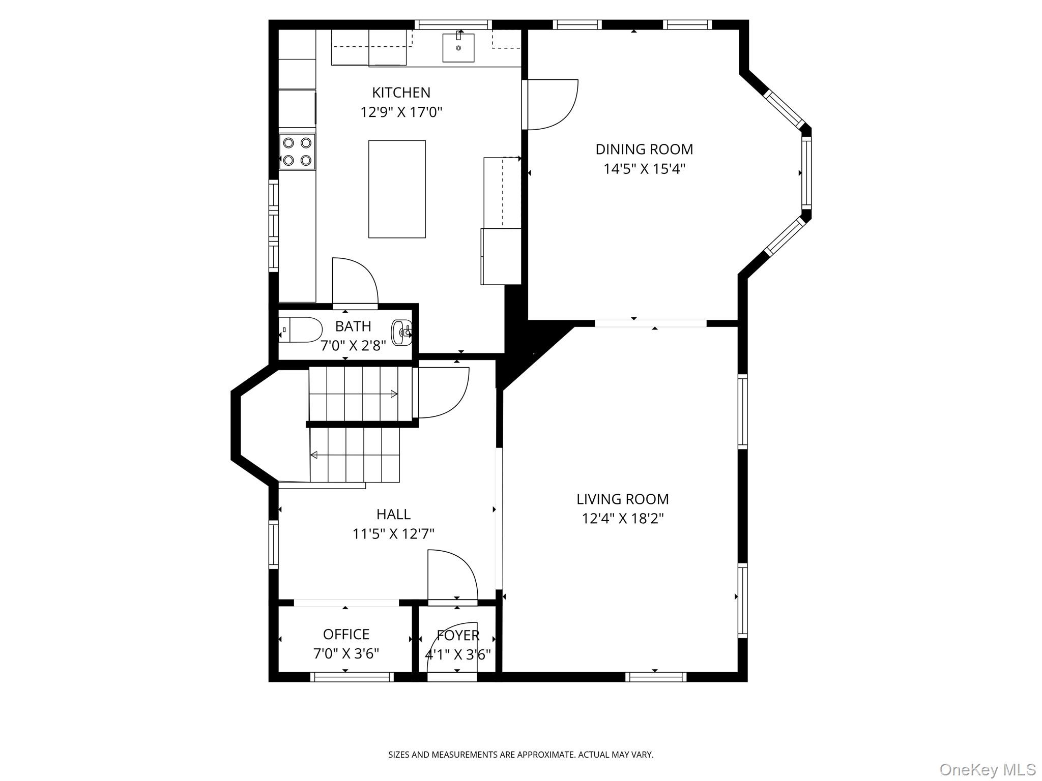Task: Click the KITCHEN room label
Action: [x=401, y=93]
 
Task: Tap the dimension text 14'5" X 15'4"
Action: [x=644, y=169]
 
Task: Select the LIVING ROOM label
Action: [x=622, y=499]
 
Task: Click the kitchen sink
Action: [x=458, y=48]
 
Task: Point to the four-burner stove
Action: [x=297, y=152]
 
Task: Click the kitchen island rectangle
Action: [x=397, y=189]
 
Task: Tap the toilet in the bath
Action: [x=301, y=329]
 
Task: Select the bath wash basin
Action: [x=401, y=333]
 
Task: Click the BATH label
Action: [x=353, y=326]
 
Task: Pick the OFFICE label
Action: [x=346, y=634]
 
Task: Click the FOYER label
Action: [x=458, y=635]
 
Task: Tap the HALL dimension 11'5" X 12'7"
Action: [x=393, y=534]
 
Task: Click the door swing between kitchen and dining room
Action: [x=552, y=104]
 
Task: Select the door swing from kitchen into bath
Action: [x=355, y=282]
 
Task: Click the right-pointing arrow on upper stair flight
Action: [x=393, y=394]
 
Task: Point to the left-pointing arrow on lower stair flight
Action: [x=314, y=455]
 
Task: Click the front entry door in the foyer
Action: [x=452, y=651]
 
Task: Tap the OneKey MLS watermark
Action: [x=987, y=769]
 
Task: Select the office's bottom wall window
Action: [x=352, y=677]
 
